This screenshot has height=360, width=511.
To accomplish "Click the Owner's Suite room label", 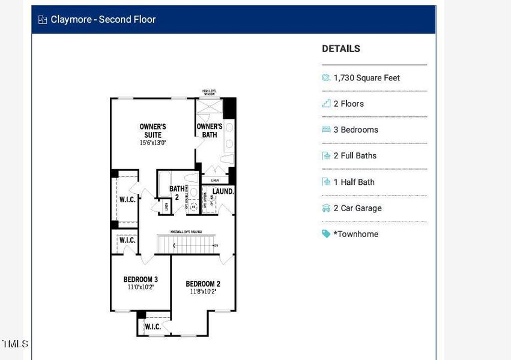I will [x=153, y=130].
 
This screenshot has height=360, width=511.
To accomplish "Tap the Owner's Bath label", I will [x=210, y=130].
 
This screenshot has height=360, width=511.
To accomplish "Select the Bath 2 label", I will [x=177, y=193].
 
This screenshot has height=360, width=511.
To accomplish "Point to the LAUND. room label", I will [x=222, y=191].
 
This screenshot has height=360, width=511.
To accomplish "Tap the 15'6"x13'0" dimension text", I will [x=153, y=143].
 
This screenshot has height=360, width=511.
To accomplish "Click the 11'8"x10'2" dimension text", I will [x=202, y=292].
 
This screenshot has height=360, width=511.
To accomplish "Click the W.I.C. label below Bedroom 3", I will [x=153, y=326].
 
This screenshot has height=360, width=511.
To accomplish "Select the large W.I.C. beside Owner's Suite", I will [x=127, y=199].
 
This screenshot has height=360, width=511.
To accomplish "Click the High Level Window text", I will [x=209, y=93].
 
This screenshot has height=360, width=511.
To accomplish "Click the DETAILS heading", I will [x=340, y=49].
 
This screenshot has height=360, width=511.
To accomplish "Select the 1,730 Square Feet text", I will [x=366, y=77].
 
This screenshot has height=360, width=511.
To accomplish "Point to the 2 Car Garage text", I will [x=357, y=208].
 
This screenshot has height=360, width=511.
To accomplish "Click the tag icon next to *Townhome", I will [x=326, y=234].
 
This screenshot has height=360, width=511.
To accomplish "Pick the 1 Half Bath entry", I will [x=357, y=182].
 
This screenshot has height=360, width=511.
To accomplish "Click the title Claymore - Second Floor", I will [x=103, y=19].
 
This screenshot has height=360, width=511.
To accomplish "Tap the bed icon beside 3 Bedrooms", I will [x=326, y=130].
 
